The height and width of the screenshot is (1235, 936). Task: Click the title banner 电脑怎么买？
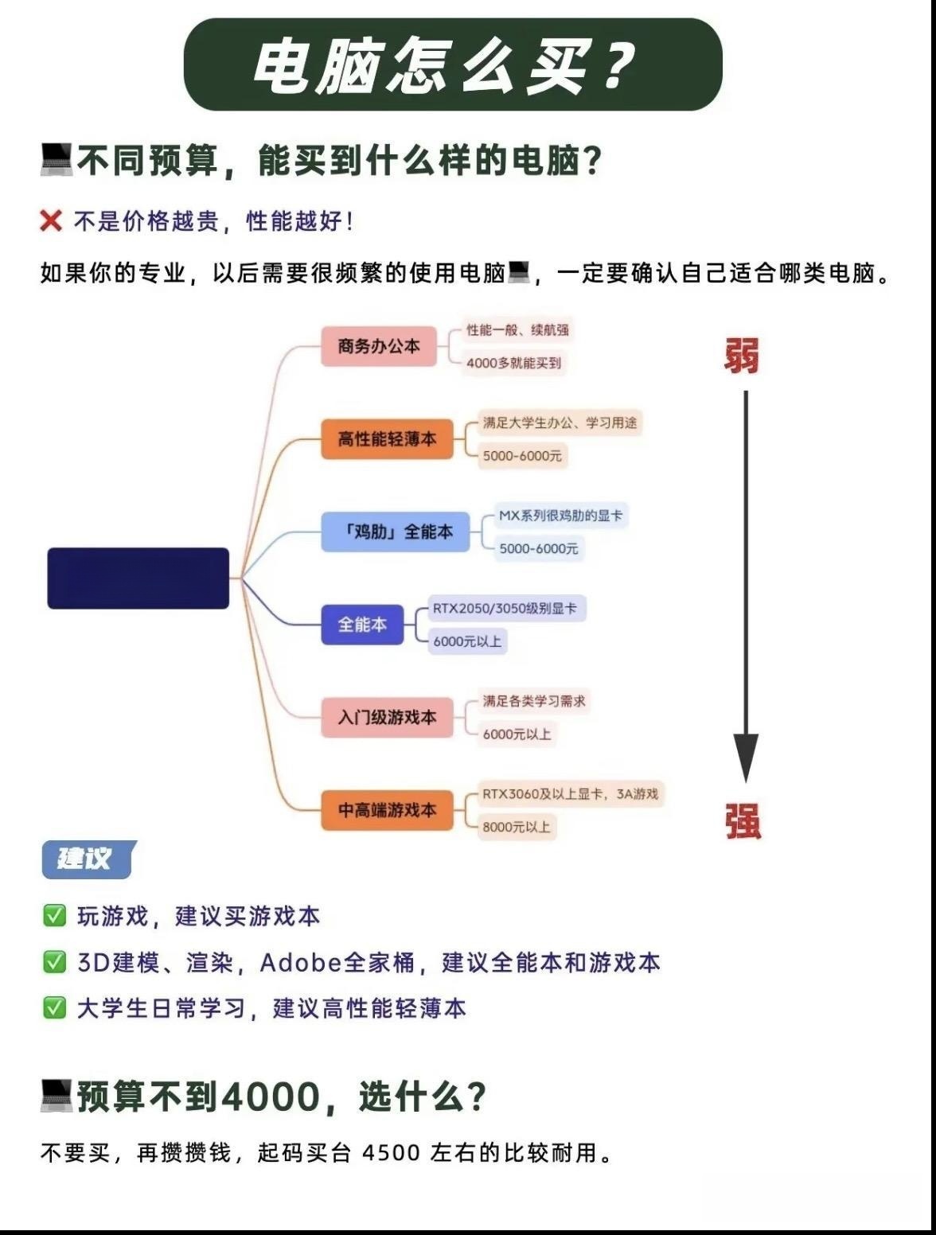[453, 64]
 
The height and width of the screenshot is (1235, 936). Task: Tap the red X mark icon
[51, 220]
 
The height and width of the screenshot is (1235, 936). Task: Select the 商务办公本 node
[379, 346]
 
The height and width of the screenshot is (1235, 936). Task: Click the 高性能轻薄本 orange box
[387, 439]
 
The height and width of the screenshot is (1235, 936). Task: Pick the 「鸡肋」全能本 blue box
[396, 532]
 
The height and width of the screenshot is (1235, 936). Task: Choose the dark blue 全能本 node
[362, 625]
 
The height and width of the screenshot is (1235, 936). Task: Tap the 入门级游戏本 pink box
[387, 718]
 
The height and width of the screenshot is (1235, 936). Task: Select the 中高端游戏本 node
[387, 810]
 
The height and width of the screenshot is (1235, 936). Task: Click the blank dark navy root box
[138, 579]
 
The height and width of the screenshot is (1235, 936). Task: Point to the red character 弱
[742, 356]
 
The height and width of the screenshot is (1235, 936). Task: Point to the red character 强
[743, 821]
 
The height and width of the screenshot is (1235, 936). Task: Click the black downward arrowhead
[746, 758]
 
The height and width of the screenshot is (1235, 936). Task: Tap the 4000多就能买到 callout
[513, 363]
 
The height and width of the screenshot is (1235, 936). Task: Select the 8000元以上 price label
[517, 827]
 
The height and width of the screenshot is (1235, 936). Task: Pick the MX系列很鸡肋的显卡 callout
[561, 516]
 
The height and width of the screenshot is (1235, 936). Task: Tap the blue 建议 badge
[88, 859]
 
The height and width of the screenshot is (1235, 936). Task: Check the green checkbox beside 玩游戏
[55, 916]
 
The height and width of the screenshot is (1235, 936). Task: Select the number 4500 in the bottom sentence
[392, 1153]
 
